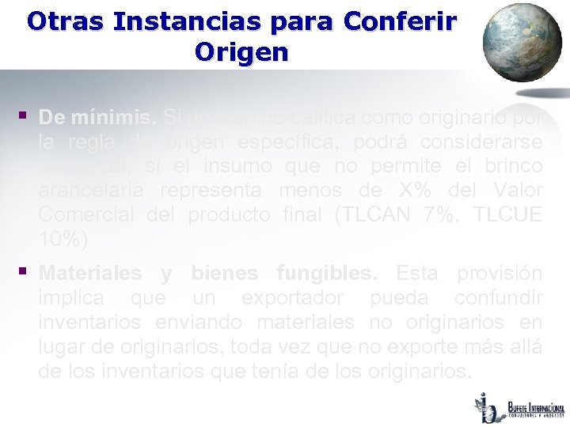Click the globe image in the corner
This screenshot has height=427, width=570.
click(x=522, y=43)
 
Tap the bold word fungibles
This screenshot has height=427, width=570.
click(x=327, y=274)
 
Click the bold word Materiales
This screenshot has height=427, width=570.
click(x=90, y=274)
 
